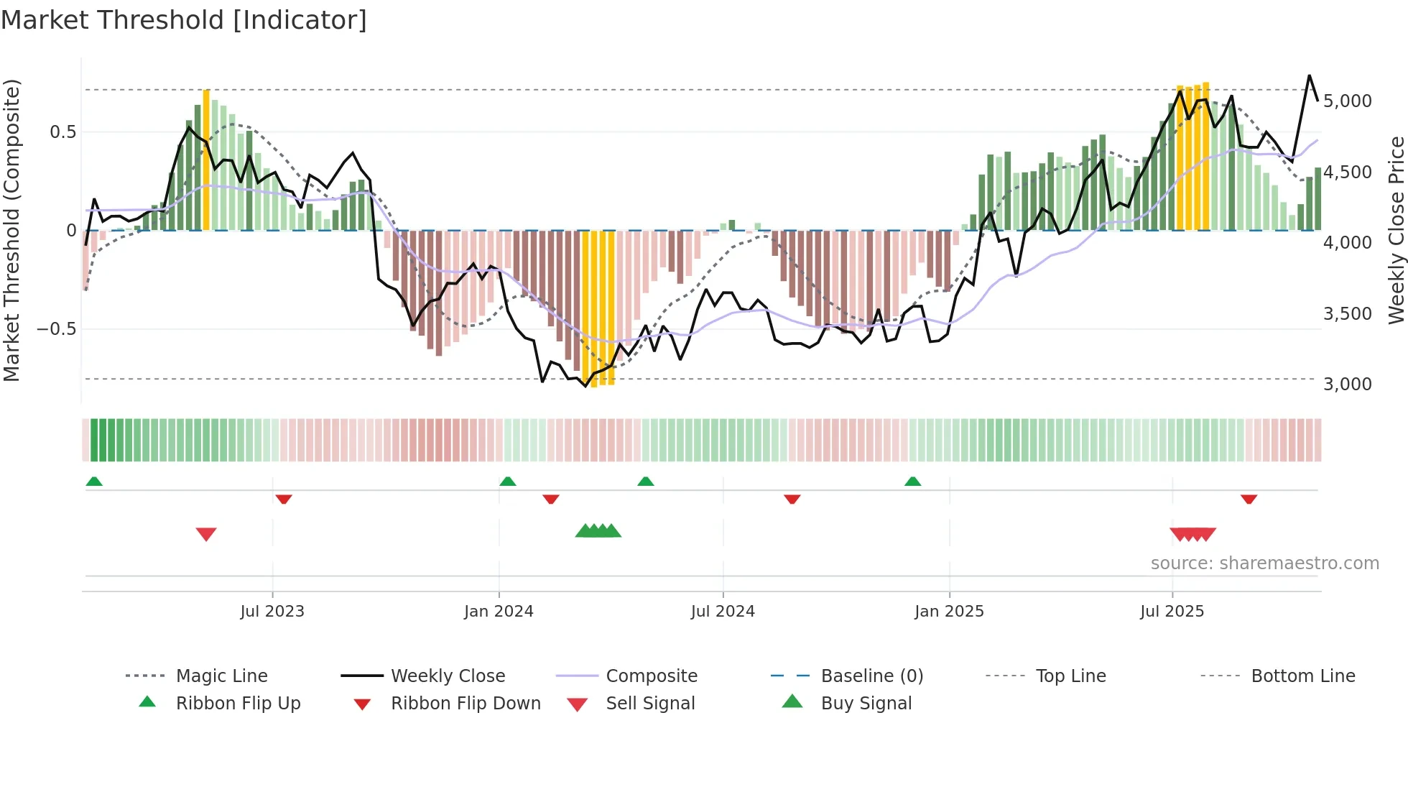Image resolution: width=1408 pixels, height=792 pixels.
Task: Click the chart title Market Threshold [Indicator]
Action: pyautogui.click(x=184, y=20)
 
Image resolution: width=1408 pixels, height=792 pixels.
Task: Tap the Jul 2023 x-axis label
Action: pyautogui.click(x=272, y=612)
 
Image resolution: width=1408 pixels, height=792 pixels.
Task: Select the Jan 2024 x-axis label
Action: pyautogui.click(x=499, y=612)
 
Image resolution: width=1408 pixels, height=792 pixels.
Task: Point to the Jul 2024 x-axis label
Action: pyautogui.click(x=723, y=612)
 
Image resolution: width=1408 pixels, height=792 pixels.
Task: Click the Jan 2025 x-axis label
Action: pyautogui.click(x=949, y=612)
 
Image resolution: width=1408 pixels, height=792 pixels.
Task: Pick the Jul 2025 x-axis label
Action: pyautogui.click(x=1172, y=612)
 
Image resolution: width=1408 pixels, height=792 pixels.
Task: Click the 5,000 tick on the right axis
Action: pyautogui.click(x=1347, y=101)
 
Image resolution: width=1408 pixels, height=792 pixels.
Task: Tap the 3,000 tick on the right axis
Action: pyautogui.click(x=1347, y=385)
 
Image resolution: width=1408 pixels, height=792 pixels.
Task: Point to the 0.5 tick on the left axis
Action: pyautogui.click(x=62, y=132)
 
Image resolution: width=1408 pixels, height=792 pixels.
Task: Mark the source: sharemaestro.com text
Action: pyautogui.click(x=1264, y=563)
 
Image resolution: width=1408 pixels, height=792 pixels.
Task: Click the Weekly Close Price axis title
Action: pyautogui.click(x=1396, y=230)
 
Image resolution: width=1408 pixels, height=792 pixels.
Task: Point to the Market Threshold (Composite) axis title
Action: pyautogui.click(x=11, y=230)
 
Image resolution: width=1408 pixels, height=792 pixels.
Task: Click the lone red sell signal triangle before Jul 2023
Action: pyautogui.click(x=206, y=534)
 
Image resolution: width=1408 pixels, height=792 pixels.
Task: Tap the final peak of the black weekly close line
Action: pyautogui.click(x=1309, y=75)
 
